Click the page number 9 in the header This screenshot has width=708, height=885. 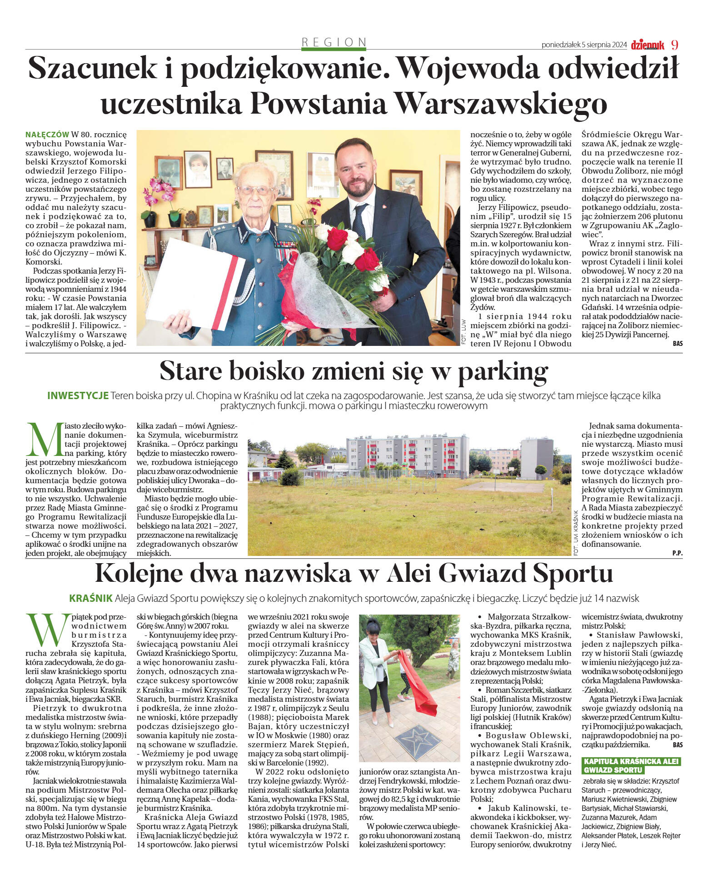click(x=675, y=45)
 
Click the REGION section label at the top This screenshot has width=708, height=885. click(x=334, y=42)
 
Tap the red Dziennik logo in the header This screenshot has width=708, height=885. click(x=648, y=45)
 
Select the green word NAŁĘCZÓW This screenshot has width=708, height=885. click(x=47, y=135)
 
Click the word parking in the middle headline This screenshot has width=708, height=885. click(x=503, y=372)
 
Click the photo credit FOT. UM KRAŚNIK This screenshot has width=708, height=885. click(x=576, y=532)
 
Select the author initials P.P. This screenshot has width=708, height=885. click(x=677, y=553)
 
